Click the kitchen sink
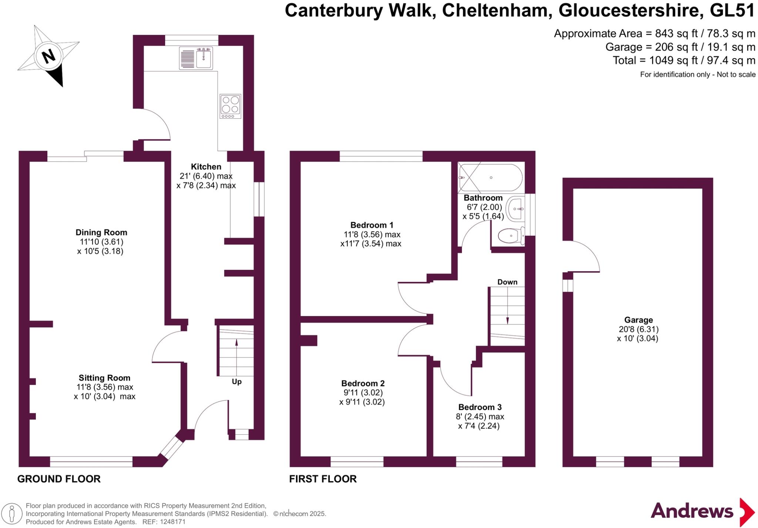point(196,58)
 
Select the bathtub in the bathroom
point(490,178)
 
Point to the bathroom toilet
point(511,235)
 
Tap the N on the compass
point(48,57)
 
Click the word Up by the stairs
point(237,381)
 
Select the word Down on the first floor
point(507,282)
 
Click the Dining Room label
point(101,232)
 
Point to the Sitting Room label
point(104,378)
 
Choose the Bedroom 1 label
point(372,225)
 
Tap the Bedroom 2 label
point(363,383)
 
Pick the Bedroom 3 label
point(480,407)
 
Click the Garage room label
point(638,320)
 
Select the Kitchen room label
point(206,167)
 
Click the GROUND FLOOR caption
point(59,479)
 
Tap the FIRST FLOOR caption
point(323,479)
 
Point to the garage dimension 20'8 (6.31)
point(638,329)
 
